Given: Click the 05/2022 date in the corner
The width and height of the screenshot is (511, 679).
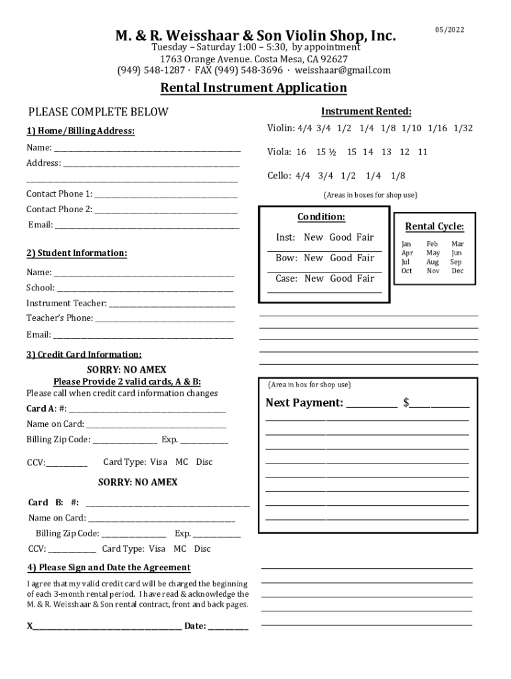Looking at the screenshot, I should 450,30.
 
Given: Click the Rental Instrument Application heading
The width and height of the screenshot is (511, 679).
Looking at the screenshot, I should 254,88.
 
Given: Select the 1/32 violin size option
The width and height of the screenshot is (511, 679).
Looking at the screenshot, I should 463,128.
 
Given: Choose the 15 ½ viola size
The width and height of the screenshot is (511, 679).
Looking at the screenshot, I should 326,152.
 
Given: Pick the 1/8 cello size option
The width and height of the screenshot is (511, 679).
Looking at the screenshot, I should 398,176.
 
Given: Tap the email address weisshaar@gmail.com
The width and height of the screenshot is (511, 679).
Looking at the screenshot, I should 343,70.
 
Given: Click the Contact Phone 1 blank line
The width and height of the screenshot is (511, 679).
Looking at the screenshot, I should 166,195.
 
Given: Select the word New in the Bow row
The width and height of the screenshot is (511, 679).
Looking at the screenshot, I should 313,258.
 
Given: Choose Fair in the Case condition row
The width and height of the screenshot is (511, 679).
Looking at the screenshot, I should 365,278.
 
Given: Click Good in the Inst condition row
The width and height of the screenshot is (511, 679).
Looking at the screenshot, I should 341,237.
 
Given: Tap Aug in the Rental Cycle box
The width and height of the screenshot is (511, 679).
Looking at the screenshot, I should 433,262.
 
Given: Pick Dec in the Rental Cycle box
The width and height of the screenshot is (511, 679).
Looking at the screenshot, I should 457,271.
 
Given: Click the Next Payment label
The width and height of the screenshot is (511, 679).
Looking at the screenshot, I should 304,403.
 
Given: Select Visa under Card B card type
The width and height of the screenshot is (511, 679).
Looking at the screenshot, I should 157,548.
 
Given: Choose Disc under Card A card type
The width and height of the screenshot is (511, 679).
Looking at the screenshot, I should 204,462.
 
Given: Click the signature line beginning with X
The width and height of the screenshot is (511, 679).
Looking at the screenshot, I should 106,627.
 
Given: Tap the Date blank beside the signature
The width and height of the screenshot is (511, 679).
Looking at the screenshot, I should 228,627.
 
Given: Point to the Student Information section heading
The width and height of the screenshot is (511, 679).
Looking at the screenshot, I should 76,253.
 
